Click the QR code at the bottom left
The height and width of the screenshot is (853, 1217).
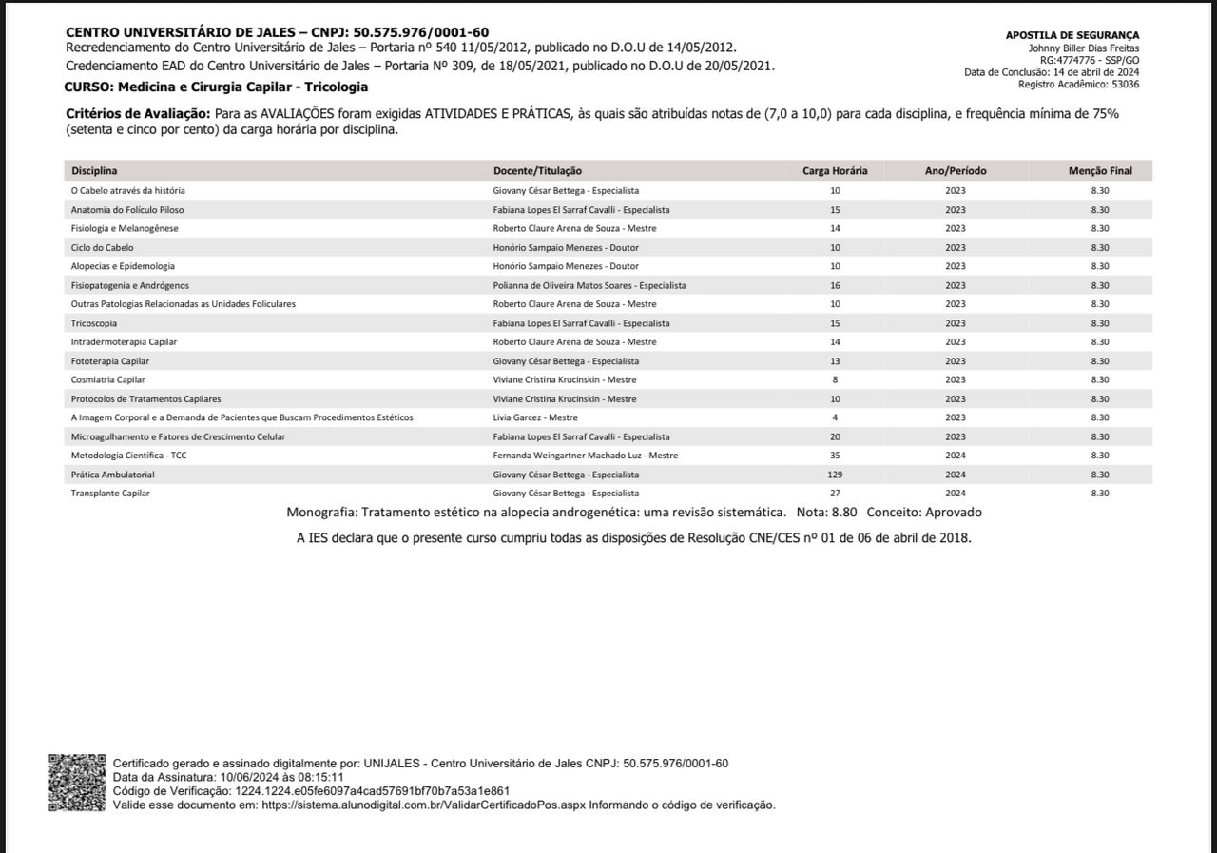point(77,783)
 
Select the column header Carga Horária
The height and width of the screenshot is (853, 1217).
point(835,171)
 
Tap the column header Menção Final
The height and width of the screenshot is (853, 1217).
point(1100,171)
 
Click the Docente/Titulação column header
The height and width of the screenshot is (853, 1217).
point(537,171)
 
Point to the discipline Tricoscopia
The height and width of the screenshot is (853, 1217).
point(94,323)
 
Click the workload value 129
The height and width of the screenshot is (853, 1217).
point(835,475)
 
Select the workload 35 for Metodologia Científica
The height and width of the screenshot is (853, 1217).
point(835,456)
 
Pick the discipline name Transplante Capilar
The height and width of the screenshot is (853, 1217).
point(110,494)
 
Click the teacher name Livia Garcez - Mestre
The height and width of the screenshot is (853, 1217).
point(535,417)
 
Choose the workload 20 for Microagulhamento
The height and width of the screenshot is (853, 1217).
point(835,436)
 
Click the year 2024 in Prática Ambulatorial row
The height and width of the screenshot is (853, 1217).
point(956,475)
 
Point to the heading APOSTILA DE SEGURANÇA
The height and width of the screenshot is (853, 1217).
point(1072,35)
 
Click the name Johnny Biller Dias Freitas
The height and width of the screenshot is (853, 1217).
point(1084,48)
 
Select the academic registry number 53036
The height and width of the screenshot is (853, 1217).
point(1125,85)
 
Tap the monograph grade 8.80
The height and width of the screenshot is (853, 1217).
point(844,513)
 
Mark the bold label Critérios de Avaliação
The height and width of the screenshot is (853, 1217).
point(137,114)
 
